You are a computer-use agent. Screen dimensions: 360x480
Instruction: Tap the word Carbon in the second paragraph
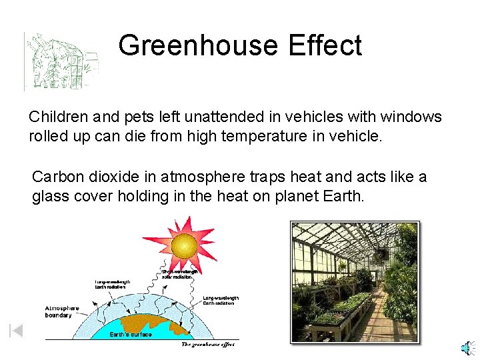click(x=57, y=177)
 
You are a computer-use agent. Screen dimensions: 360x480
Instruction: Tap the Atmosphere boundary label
click(x=62, y=312)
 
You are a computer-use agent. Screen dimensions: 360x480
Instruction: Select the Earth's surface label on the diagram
click(x=131, y=335)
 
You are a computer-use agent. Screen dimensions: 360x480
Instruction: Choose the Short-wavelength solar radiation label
click(x=181, y=274)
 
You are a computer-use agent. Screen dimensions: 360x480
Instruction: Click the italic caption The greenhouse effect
click(x=209, y=345)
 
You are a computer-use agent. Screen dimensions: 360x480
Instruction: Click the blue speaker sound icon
click(x=468, y=348)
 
